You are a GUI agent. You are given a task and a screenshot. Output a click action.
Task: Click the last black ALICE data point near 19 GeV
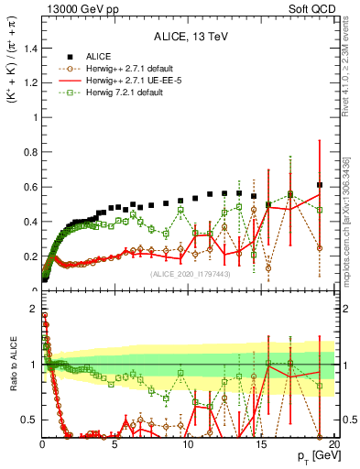(319, 185)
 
